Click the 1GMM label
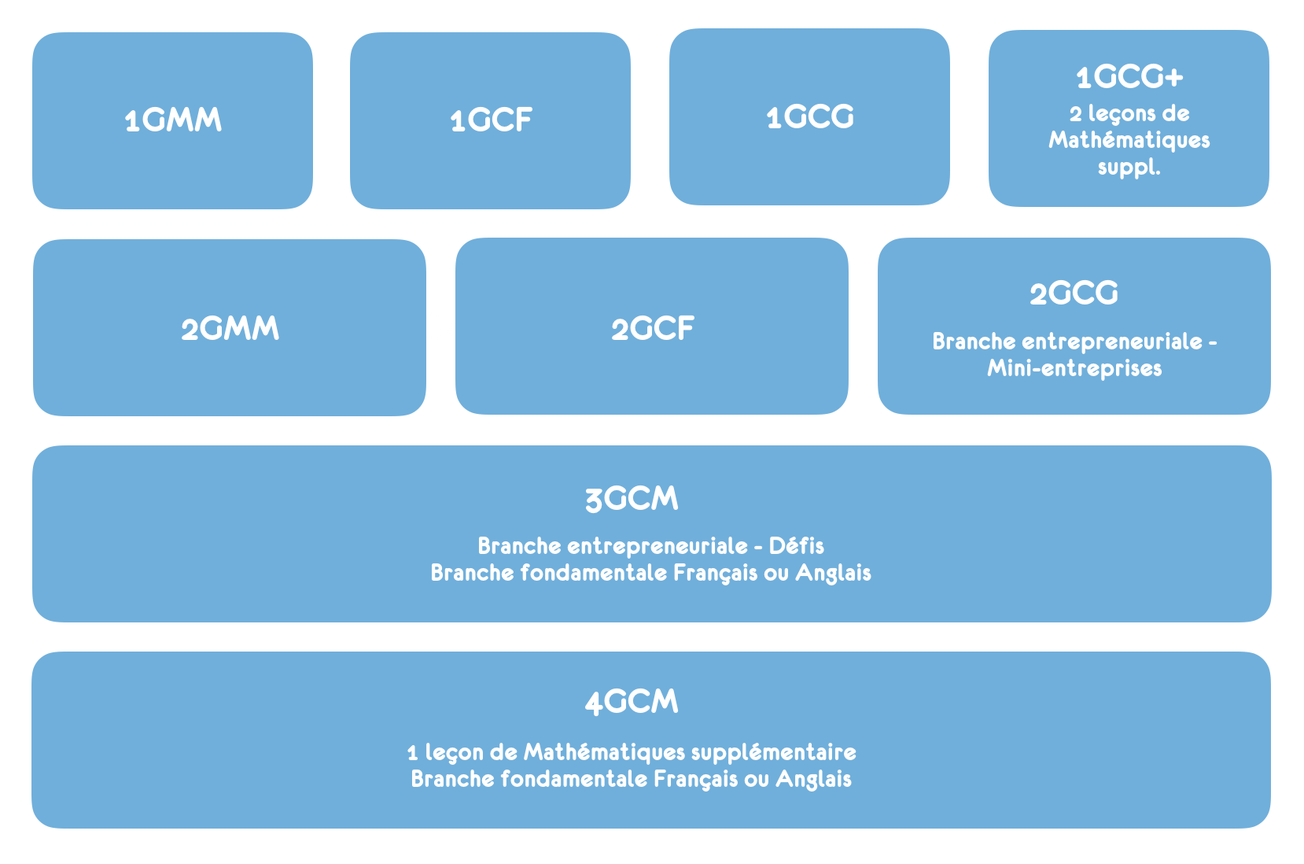point(173,120)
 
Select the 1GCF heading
point(491,120)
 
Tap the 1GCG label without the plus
point(810,116)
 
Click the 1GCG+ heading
point(1129,77)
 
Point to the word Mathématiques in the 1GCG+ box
point(1129,140)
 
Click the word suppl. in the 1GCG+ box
point(1129,168)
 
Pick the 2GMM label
point(230,329)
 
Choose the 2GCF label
point(653,329)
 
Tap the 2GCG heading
point(1074,293)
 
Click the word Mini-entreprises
point(1074,368)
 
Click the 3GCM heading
point(632,500)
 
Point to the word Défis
point(797,546)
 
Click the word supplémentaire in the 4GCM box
point(774,753)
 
